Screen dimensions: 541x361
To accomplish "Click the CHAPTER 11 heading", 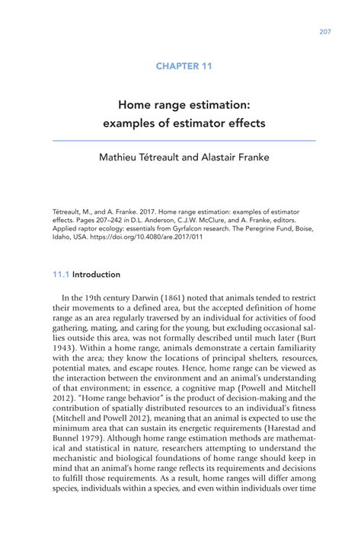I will (184, 66).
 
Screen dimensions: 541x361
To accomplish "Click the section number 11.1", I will (61, 274).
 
